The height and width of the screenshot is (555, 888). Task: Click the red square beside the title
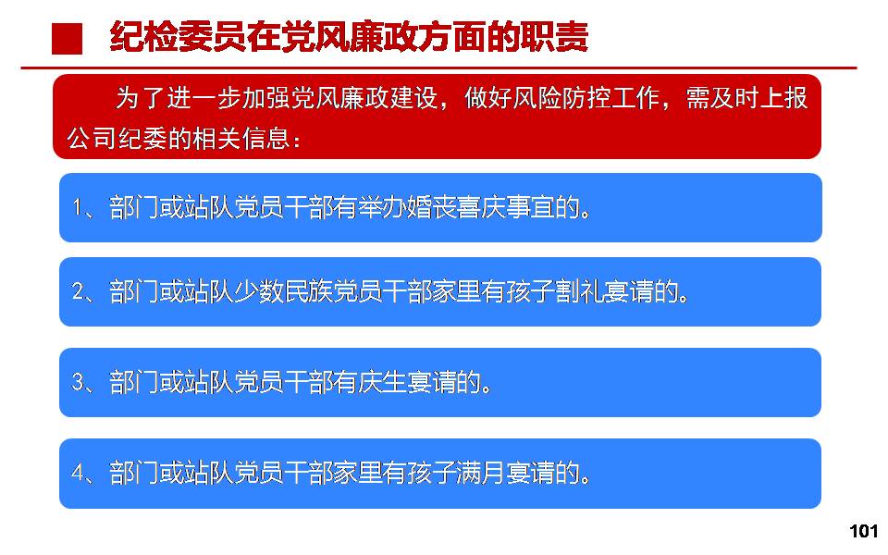[67, 39]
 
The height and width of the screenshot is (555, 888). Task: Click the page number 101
[863, 531]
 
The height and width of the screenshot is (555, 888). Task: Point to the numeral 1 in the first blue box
[77, 208]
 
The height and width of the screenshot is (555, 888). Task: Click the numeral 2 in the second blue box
[78, 291]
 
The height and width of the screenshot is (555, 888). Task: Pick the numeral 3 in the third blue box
[78, 382]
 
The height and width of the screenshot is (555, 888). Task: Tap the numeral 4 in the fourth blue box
[78, 473]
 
